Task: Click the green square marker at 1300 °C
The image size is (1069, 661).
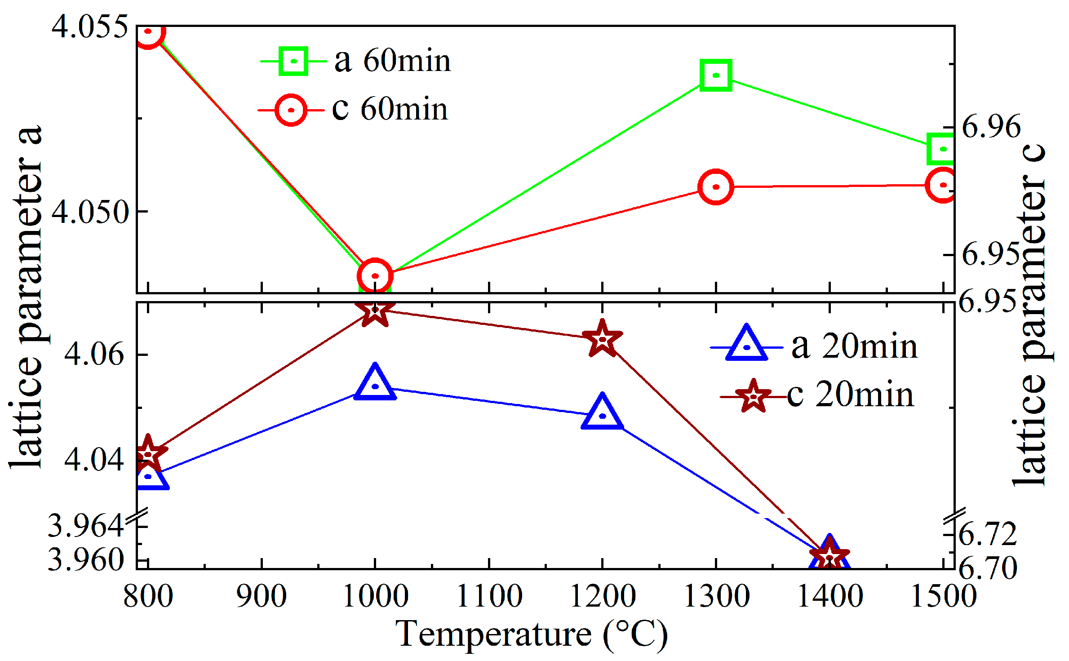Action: pyautogui.click(x=716, y=75)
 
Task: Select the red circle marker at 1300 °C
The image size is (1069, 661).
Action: pyautogui.click(x=716, y=186)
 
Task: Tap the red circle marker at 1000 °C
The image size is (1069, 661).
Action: pyautogui.click(x=375, y=275)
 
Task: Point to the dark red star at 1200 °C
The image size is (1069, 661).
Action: pyautogui.click(x=602, y=339)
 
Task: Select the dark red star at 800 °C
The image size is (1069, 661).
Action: pyautogui.click(x=148, y=454)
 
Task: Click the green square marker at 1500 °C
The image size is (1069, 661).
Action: pyautogui.click(x=942, y=149)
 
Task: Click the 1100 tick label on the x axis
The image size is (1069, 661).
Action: pyautogui.click(x=489, y=596)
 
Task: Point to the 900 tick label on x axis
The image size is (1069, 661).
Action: pyautogui.click(x=262, y=596)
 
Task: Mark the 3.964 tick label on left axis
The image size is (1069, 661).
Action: pyautogui.click(x=85, y=525)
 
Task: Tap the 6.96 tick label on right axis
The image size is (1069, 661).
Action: pyautogui.click(x=991, y=127)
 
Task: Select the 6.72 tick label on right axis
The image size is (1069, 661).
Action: pyautogui.click(x=988, y=534)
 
